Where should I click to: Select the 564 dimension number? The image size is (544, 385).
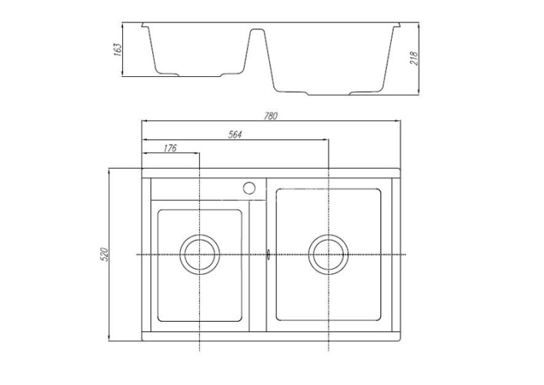tap(235, 135)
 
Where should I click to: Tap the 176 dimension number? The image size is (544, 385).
tap(170, 148)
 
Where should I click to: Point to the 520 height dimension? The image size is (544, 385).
tap(105, 253)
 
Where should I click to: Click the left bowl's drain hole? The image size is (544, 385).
tap(200, 254)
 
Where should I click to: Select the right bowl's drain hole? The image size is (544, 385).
tap(329, 254)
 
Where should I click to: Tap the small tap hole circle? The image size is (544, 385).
tap(249, 186)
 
